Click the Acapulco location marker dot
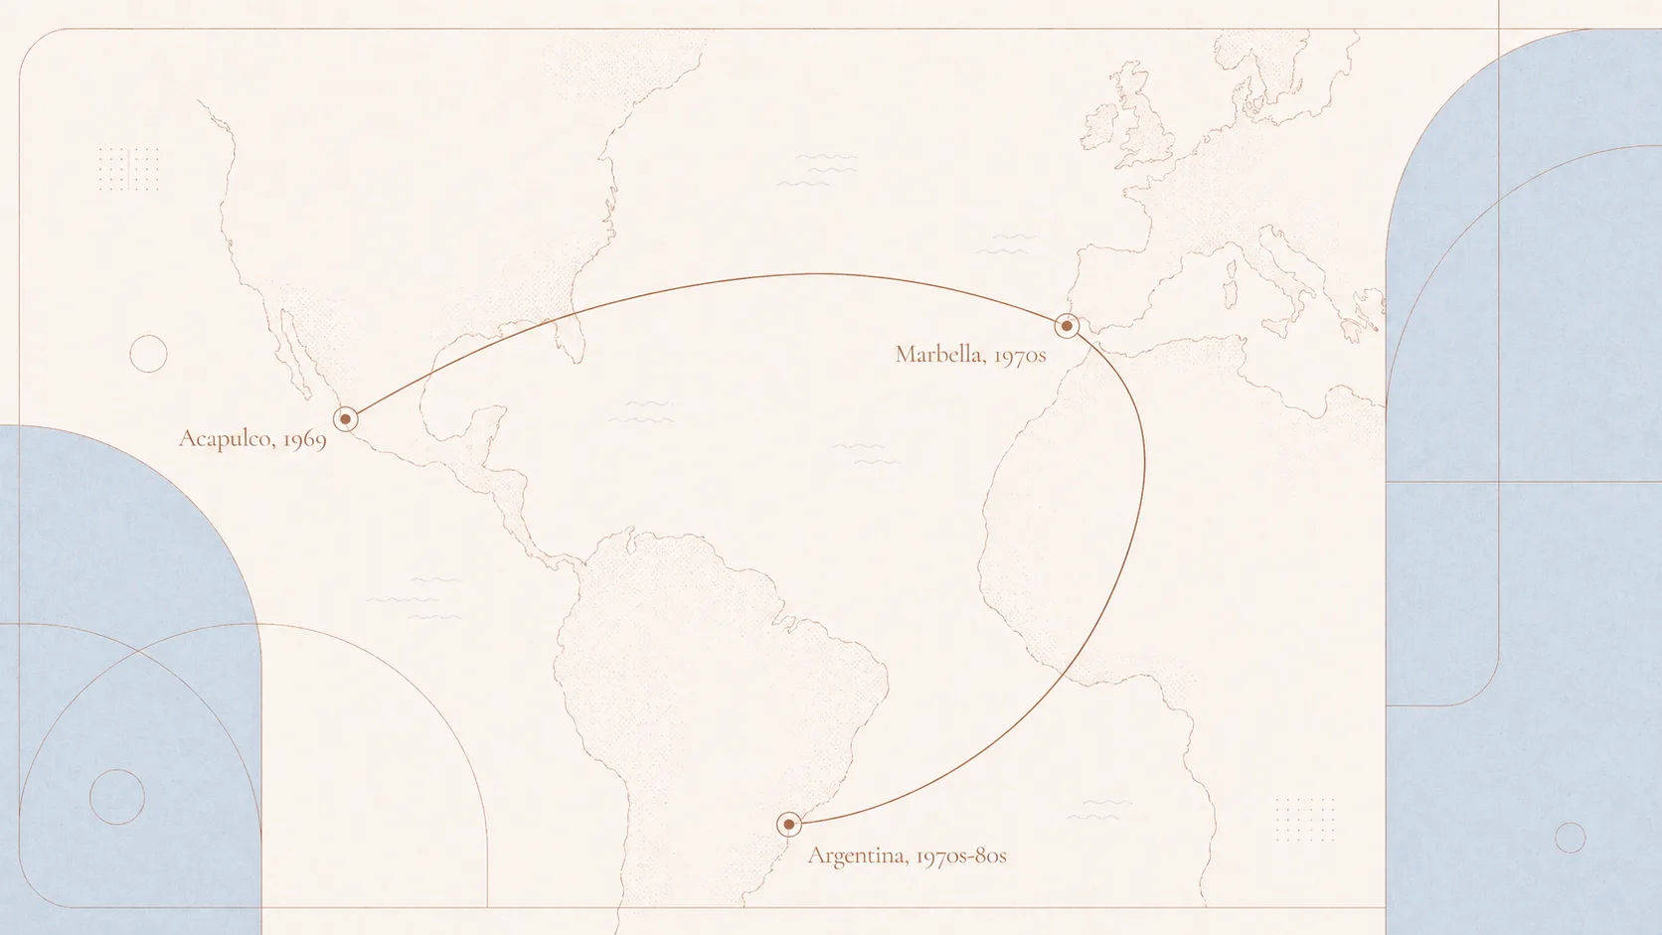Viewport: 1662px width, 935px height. coord(345,419)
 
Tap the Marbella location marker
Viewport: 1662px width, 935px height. coord(1067,326)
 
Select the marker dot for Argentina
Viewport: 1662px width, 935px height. coord(789,824)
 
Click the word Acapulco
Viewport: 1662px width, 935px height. coord(226,438)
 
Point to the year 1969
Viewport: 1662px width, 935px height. coord(304,439)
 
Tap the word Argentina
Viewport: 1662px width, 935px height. coord(857,856)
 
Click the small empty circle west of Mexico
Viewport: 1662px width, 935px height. coord(148,354)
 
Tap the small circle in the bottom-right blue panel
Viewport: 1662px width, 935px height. coord(1570,838)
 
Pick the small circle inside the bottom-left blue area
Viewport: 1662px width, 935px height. coord(117,797)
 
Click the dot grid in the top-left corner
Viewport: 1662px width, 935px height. coord(128,168)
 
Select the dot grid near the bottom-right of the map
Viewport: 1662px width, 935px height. coord(1304,819)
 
